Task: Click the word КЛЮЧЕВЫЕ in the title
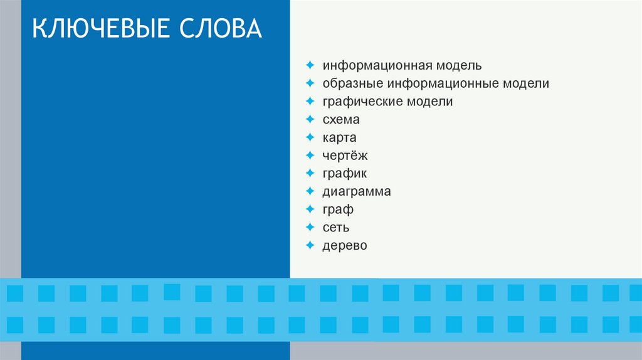tap(101, 30)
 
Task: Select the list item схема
tap(341, 119)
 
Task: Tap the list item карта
tap(340, 137)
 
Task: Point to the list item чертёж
tap(345, 156)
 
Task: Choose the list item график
tap(345, 174)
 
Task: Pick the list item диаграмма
tap(357, 191)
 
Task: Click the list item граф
tap(338, 209)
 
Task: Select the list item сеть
tap(336, 227)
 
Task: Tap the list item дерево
tap(345, 245)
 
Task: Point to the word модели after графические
tap(429, 102)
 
